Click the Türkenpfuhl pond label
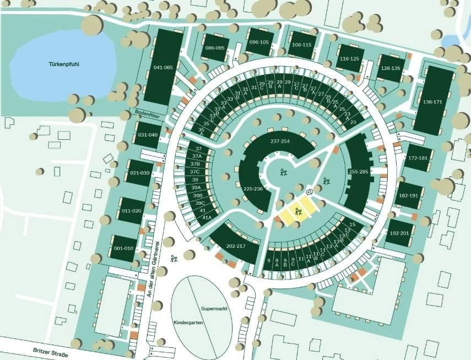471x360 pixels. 63,64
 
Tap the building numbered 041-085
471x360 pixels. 164,67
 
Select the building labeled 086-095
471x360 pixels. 215,48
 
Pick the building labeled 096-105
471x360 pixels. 259,42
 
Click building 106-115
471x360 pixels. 301,45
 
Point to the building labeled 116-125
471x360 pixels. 349,58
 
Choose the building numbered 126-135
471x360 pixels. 391,68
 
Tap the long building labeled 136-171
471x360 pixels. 433,101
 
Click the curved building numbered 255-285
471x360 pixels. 358,172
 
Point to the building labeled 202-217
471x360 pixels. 235,246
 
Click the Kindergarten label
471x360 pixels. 189,323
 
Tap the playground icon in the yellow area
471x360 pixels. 298,211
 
